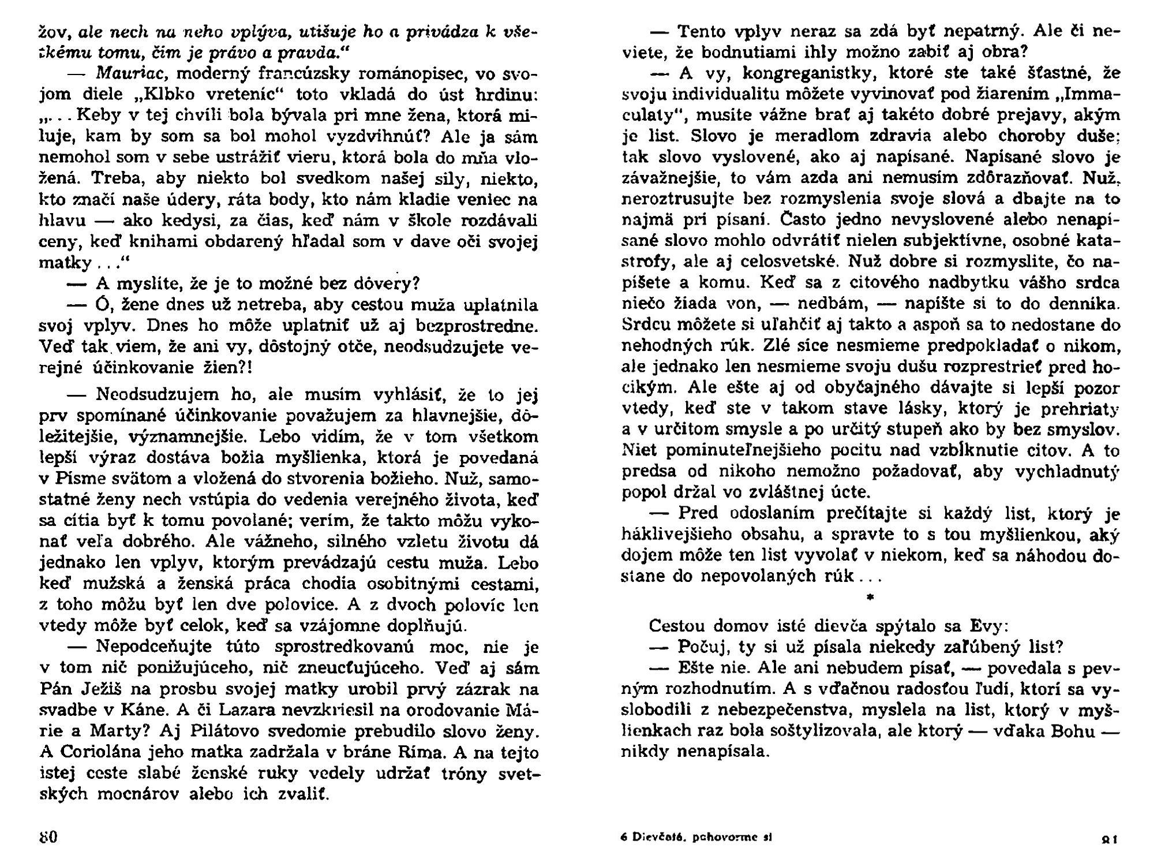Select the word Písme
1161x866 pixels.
78,479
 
